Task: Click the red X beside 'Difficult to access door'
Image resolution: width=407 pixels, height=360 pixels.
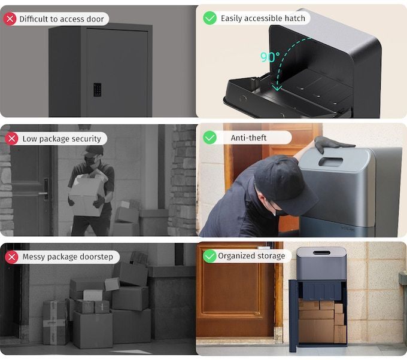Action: [10, 19]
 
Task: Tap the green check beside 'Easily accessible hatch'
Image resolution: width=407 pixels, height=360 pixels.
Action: [210, 19]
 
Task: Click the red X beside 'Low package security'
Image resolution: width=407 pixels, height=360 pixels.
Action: [11, 139]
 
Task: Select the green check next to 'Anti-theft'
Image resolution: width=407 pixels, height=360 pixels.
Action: [210, 138]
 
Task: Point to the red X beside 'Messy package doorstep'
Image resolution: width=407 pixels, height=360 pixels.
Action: [11, 257]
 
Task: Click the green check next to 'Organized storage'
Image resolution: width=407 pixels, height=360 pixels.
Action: [209, 256]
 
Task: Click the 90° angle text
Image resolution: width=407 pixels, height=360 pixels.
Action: [270, 57]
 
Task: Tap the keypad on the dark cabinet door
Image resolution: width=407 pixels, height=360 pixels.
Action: [97, 90]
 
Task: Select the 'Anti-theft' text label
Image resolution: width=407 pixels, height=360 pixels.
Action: [248, 138]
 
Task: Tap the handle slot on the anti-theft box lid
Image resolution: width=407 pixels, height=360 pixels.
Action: [331, 161]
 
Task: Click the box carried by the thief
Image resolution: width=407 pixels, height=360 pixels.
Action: [87, 194]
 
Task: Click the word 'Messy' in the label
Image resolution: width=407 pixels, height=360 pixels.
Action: [36, 257]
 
